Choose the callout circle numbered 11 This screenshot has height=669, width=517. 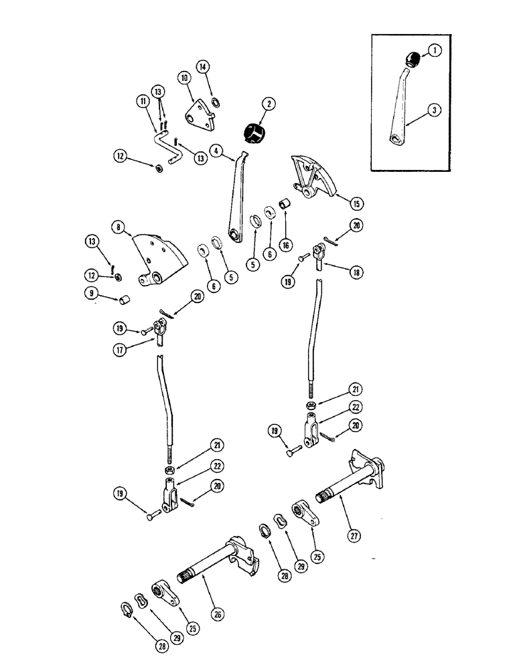click(x=143, y=102)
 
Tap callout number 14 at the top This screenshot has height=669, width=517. click(x=203, y=66)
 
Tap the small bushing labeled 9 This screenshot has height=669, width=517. click(x=123, y=298)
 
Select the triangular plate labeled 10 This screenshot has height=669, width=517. click(x=201, y=111)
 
